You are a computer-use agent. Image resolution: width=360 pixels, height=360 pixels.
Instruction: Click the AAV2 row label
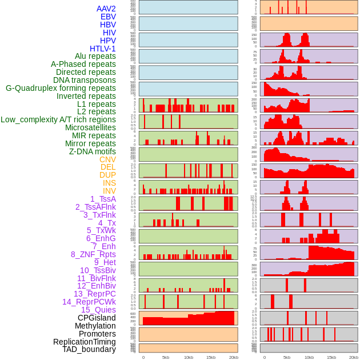point(106,9)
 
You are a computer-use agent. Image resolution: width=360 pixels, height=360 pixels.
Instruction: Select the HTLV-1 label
point(103,49)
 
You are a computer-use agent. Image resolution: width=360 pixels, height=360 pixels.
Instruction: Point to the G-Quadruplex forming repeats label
point(61,88)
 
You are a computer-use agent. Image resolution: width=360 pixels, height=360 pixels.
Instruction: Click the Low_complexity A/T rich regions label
point(58,119)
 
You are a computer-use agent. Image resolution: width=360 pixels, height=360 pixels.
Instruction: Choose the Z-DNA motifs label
point(93,151)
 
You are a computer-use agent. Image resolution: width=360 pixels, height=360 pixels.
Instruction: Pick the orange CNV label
point(107,159)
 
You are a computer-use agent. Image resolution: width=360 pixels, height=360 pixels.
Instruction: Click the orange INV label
point(109,191)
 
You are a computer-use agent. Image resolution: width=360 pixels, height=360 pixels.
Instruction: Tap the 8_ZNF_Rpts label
point(93,254)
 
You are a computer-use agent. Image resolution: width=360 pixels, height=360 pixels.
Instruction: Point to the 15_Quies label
point(98,310)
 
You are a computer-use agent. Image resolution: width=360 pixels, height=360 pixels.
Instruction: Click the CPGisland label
point(97,318)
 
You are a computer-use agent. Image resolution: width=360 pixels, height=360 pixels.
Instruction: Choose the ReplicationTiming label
point(84,342)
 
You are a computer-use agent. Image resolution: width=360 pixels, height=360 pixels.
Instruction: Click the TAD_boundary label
point(89,349)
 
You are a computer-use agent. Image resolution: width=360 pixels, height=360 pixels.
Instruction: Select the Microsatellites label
point(90,127)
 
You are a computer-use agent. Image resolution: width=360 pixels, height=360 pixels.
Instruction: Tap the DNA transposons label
point(85,80)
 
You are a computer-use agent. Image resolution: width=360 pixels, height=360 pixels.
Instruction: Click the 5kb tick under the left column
point(166,357)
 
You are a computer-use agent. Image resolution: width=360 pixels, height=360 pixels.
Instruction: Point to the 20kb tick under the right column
point(354,357)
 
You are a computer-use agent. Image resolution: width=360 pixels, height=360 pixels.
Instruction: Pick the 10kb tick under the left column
point(188,357)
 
